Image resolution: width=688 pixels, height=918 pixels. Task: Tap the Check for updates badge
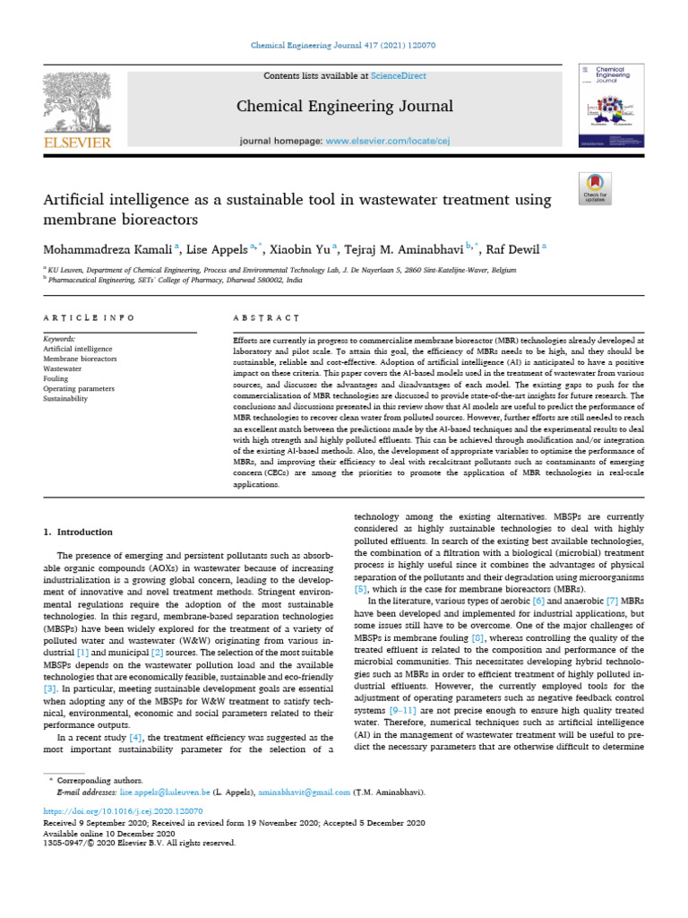(595, 186)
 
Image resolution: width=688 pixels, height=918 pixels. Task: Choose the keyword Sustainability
(65, 398)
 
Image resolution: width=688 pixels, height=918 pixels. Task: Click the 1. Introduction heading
(79, 532)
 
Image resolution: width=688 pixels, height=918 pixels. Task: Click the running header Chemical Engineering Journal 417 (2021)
(343, 45)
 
